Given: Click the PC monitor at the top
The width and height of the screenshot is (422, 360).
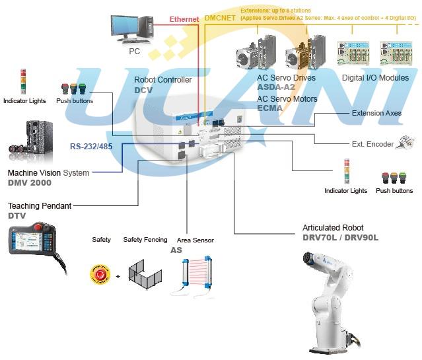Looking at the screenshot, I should click(135, 27).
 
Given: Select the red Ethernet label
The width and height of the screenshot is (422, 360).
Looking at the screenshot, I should click(184, 20).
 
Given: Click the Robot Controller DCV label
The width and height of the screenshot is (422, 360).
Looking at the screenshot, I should click(162, 85).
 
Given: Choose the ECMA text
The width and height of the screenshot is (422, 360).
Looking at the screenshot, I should click(269, 109).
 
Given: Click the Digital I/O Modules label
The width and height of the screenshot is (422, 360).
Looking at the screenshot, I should click(375, 78).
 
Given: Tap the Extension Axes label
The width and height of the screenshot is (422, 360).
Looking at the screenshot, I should click(376, 113).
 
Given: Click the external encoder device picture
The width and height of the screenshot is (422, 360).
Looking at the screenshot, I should click(404, 143).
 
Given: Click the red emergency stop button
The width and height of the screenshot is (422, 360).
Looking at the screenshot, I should click(100, 274).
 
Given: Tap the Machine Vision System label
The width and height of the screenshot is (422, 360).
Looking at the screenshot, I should click(48, 173).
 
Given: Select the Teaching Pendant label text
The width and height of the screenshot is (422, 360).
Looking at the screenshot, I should click(40, 205).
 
